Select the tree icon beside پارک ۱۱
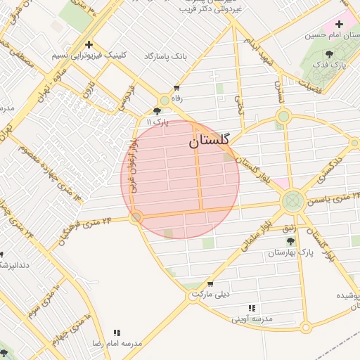click(157, 111)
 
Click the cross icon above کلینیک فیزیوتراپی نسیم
click(89, 44)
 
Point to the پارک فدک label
click(330, 66)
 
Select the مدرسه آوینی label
click(252, 319)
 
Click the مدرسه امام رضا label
click(117, 344)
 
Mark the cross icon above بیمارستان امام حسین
click(340, 24)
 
